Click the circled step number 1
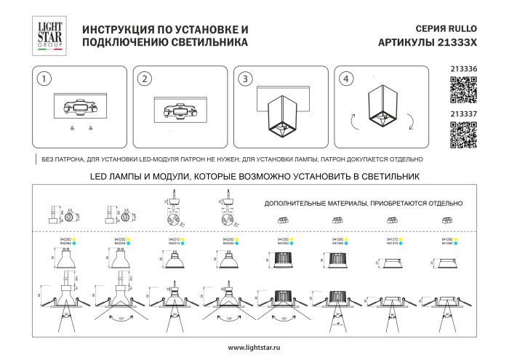(45, 79)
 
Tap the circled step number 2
(145, 79)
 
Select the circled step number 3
(246, 79)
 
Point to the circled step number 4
(346, 79)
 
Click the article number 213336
(464, 69)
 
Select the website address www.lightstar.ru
(254, 348)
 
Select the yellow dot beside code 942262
(73, 239)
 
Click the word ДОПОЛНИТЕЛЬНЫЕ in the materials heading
(291, 205)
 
